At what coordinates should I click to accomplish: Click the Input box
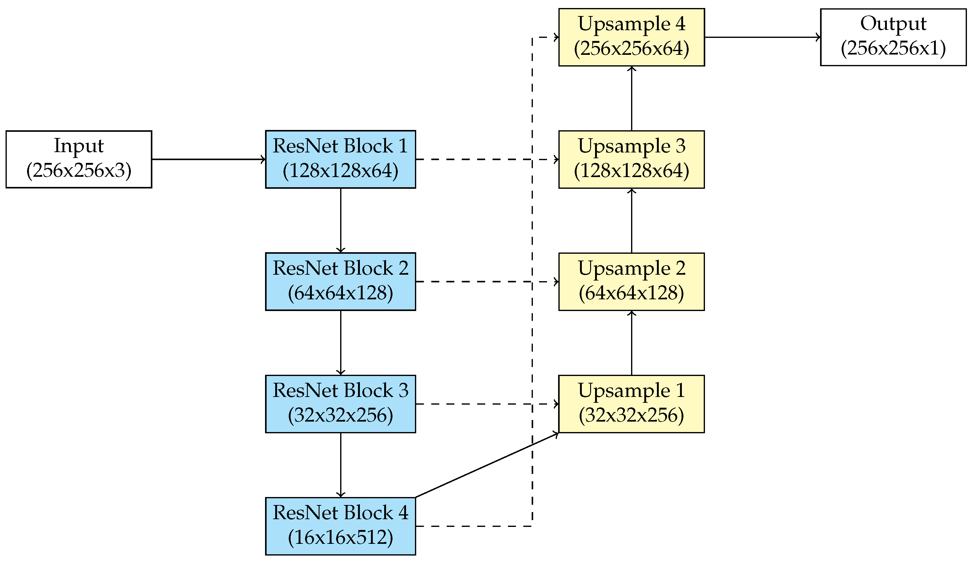[x=79, y=159]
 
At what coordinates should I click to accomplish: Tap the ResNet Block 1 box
[x=340, y=159]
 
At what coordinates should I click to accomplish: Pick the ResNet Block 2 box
[x=340, y=281]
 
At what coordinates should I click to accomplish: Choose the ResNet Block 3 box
[x=340, y=404]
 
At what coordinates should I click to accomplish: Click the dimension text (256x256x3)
[x=79, y=171]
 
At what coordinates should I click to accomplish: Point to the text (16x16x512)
[x=340, y=537]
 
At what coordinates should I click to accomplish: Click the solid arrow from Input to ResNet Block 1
[x=209, y=159]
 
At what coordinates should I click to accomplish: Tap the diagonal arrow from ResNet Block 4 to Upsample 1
[x=487, y=465]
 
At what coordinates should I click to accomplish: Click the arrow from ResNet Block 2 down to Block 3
[x=340, y=342]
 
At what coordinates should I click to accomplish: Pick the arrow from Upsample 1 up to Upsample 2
[x=632, y=342]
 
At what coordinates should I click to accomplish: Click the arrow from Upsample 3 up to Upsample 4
[x=632, y=99]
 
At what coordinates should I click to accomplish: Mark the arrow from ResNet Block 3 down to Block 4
[x=340, y=465]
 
